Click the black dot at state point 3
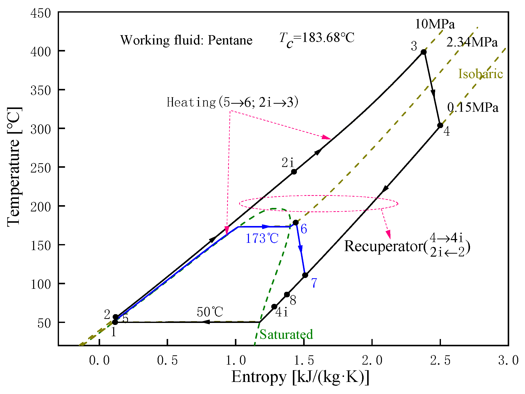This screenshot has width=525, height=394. [424, 52]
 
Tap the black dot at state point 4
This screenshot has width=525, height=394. [440, 125]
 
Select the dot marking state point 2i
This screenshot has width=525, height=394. [294, 172]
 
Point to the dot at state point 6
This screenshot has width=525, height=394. [296, 222]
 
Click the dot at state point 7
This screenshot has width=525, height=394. [305, 275]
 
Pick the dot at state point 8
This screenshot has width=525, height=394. [287, 295]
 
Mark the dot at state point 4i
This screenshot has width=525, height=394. [274, 307]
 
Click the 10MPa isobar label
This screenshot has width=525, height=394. [435, 24]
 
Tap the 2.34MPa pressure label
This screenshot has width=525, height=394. [472, 42]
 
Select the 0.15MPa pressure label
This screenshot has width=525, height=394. [473, 107]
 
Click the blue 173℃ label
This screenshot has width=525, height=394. [262, 238]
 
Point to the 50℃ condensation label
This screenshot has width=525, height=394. [210, 312]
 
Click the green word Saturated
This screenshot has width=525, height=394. [286, 334]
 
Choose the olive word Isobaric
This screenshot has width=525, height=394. [480, 74]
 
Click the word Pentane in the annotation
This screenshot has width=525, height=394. [230, 40]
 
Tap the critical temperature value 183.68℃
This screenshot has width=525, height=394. [328, 38]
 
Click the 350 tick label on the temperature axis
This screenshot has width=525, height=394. [40, 90]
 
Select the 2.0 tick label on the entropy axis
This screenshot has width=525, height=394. [372, 361]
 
